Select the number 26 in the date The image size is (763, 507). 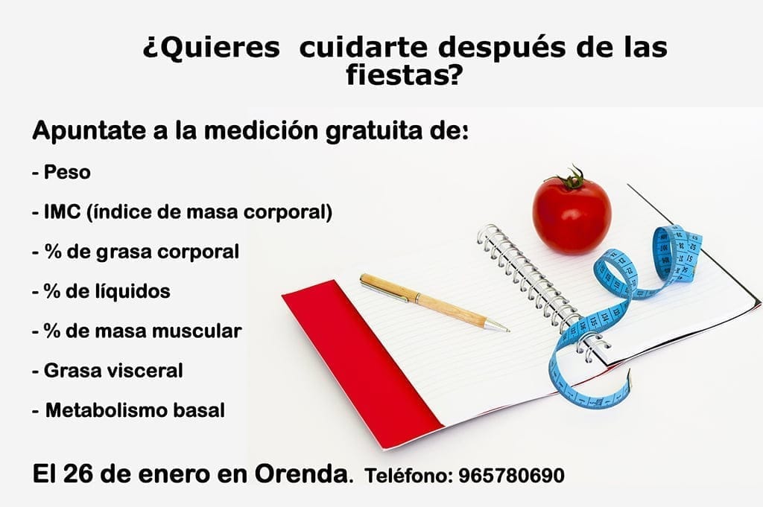pyautogui.click(x=77, y=473)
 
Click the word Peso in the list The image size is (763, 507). pyautogui.click(x=67, y=173)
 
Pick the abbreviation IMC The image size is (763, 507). pyautogui.click(x=62, y=212)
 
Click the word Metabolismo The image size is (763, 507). pyautogui.click(x=108, y=409)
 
